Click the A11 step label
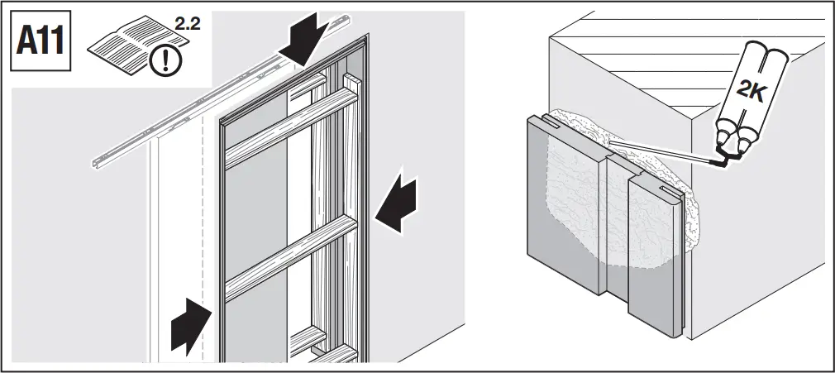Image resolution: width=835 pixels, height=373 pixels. click(x=41, y=41)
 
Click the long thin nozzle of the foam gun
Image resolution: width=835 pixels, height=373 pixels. click(x=661, y=151)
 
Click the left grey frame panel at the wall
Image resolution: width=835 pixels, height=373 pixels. click(x=566, y=223)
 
